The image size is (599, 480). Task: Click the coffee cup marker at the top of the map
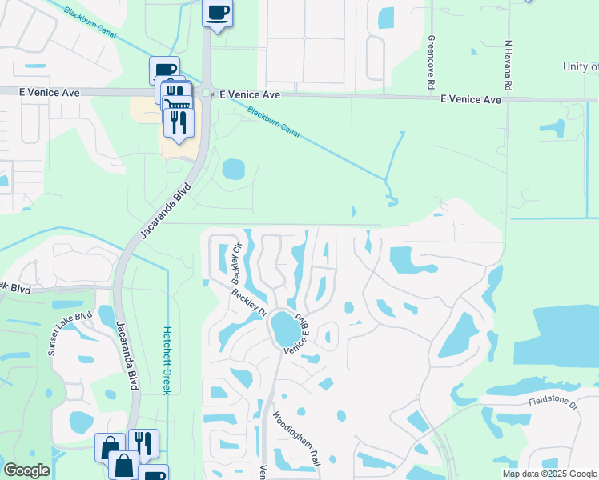pyautogui.click(x=218, y=13)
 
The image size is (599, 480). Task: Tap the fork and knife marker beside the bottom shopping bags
pyautogui.click(x=143, y=443)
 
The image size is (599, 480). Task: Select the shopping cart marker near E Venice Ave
pyautogui.click(x=177, y=106)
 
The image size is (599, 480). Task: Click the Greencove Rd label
pyautogui.click(x=431, y=62)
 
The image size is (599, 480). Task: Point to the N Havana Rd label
pyautogui.click(x=508, y=65)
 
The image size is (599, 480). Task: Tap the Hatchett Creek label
pyautogui.click(x=167, y=359)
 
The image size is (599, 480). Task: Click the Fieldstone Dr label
pyautogui.click(x=552, y=402)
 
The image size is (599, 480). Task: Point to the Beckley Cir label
pyautogui.click(x=236, y=264)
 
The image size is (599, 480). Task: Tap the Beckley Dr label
pyautogui.click(x=249, y=302)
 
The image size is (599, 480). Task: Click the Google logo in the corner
pyautogui.click(x=26, y=470)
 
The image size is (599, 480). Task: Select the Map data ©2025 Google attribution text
pyautogui.click(x=549, y=474)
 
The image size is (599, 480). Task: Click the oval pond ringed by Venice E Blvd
pyautogui.click(x=283, y=329)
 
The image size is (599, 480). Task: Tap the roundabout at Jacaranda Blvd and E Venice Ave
pyautogui.click(x=207, y=94)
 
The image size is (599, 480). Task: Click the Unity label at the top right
pyautogui.click(x=581, y=67)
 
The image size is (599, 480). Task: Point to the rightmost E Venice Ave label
pyautogui.click(x=471, y=99)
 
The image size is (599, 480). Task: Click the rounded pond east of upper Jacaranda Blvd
pyautogui.click(x=233, y=169)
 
